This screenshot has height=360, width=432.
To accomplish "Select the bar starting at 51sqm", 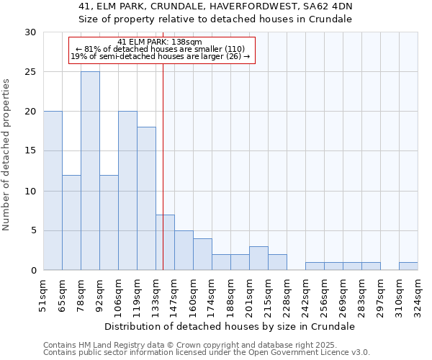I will pos(53,191).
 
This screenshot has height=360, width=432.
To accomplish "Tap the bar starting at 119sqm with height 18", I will pos(146,199).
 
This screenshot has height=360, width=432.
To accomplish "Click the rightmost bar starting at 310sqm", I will pos(408,266).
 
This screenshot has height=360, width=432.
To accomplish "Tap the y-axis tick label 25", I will pos(30,72).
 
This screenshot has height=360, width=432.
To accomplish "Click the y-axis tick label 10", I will pos(30,192).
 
